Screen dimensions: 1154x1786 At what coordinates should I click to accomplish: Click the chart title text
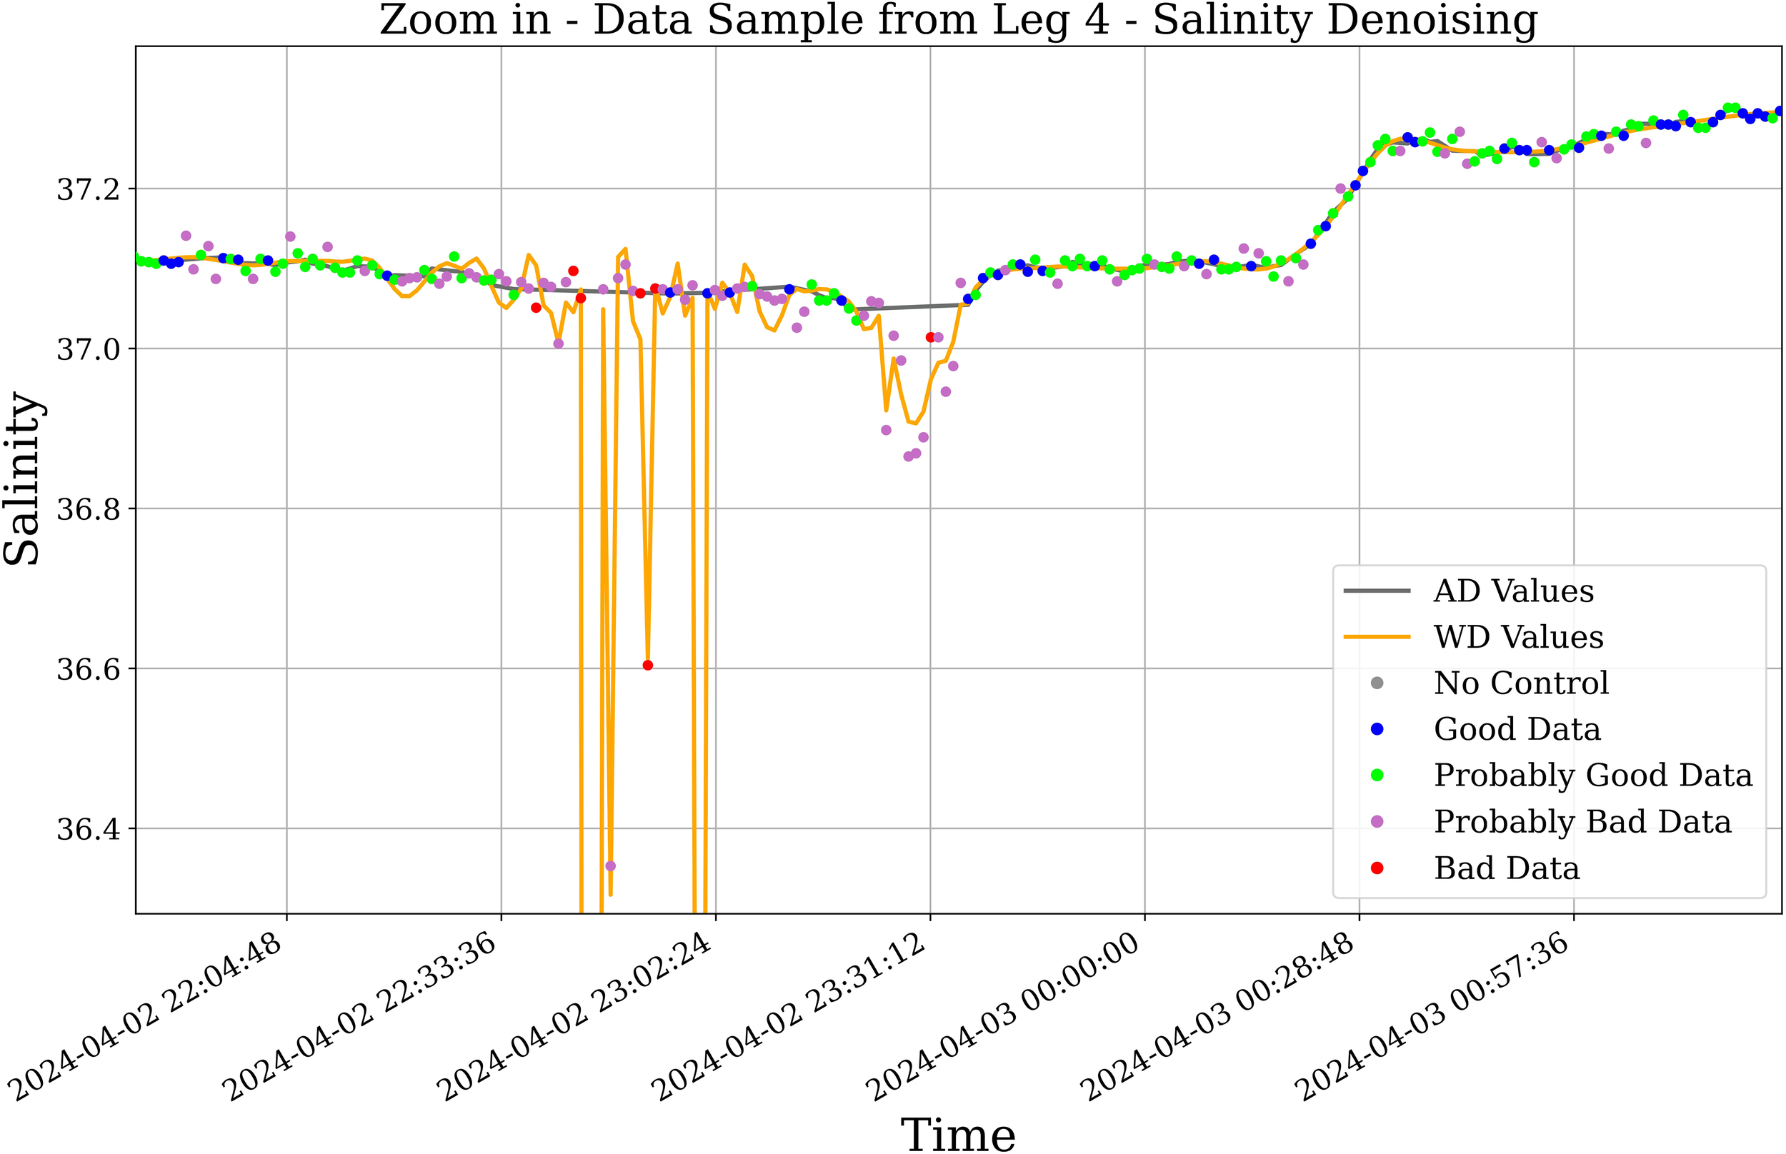(x=958, y=20)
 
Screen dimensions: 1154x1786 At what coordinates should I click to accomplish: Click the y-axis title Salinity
(x=22, y=480)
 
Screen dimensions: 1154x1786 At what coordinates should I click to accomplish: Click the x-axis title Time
(x=958, y=1133)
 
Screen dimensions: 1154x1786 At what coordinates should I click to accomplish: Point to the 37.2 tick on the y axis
(x=88, y=189)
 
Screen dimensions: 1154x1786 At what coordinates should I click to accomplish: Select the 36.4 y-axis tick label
(x=88, y=830)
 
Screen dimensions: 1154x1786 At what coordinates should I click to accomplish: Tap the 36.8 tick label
(x=88, y=510)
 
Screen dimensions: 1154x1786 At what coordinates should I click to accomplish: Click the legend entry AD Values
(x=1512, y=591)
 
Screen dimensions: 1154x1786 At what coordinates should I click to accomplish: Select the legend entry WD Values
(x=1517, y=638)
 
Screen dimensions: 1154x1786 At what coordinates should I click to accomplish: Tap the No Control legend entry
(x=1521, y=683)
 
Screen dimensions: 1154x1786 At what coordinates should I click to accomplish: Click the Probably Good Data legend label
(x=1592, y=776)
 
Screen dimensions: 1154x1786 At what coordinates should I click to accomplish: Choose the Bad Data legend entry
(x=1506, y=868)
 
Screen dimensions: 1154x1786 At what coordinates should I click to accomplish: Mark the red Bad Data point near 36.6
(x=647, y=666)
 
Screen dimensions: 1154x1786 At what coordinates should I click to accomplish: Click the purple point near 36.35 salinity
(x=610, y=866)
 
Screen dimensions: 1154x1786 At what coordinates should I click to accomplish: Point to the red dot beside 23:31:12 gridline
(x=930, y=337)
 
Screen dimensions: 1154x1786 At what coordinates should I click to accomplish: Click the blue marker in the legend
(x=1376, y=730)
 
